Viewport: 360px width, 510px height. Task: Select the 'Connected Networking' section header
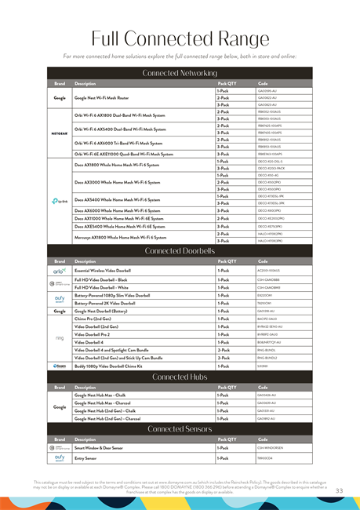[180, 73]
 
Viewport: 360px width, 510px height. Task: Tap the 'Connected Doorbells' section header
[180, 251]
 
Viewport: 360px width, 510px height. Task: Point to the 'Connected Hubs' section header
[180, 377]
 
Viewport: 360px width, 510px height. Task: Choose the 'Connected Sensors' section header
[180, 429]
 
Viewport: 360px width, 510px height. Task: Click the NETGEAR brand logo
[60, 135]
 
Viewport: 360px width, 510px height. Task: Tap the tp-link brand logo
[60, 201]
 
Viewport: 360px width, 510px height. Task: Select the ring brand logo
[60, 338]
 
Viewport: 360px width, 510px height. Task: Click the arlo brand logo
[60, 270]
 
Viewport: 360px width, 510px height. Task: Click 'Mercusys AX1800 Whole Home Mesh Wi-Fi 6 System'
[120, 237]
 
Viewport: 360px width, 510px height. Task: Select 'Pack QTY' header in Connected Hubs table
[227, 387]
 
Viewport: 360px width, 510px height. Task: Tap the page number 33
[340, 491]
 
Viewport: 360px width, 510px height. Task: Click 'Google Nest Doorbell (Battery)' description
[107, 311]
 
